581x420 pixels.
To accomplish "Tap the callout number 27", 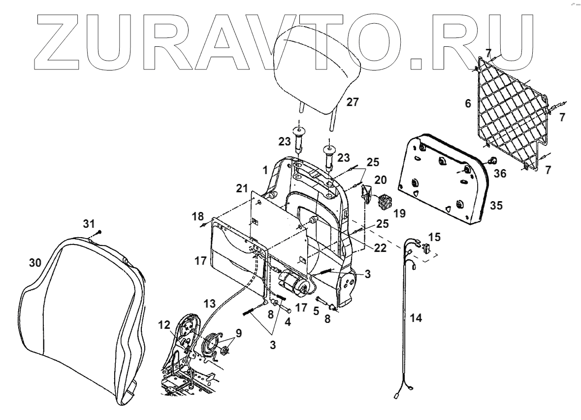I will tap(353, 102).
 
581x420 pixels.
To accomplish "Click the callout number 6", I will tap(468, 104).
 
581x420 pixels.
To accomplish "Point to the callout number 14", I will tap(416, 318).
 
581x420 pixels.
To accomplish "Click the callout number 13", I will tap(210, 301).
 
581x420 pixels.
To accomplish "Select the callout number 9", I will tap(239, 333).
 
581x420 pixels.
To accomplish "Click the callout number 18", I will tap(197, 217).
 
